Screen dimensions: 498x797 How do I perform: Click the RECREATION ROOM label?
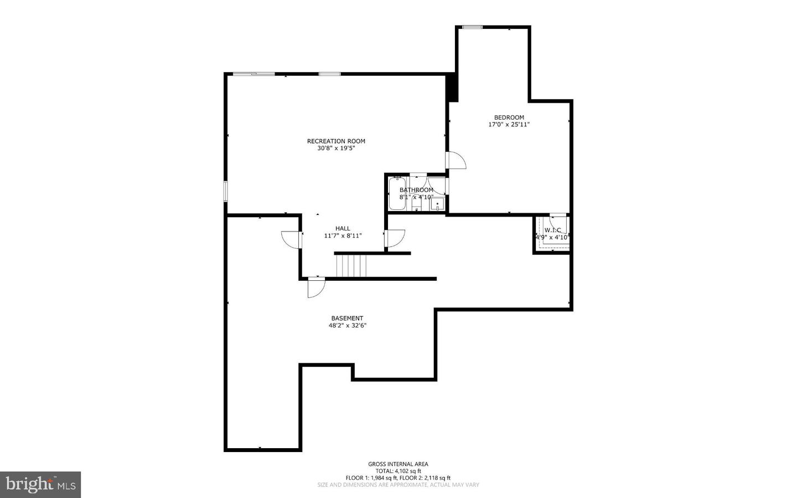pyautogui.click(x=336, y=141)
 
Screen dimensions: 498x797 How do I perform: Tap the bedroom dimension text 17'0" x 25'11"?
pyautogui.click(x=509, y=125)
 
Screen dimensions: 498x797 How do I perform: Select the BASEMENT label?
pyautogui.click(x=347, y=318)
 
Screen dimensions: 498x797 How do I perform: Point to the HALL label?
pyautogui.click(x=343, y=228)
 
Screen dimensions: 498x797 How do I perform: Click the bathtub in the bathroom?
pyautogui.click(x=397, y=194)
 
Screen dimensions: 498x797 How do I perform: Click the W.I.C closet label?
pyautogui.click(x=552, y=230)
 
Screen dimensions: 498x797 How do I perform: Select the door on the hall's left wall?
pyautogui.click(x=291, y=240)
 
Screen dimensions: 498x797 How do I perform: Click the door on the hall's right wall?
pyautogui.click(x=395, y=238)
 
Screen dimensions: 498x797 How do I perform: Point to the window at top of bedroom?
pyautogui.click(x=472, y=27)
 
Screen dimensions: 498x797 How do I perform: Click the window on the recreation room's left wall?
pyautogui.click(x=226, y=191)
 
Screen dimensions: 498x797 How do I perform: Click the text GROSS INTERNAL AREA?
pyautogui.click(x=398, y=464)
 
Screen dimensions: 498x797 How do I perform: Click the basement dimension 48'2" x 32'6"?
pyautogui.click(x=347, y=326)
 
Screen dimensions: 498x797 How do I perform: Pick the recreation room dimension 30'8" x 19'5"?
pyautogui.click(x=336, y=148)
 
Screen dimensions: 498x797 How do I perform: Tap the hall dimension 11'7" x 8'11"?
pyautogui.click(x=343, y=235)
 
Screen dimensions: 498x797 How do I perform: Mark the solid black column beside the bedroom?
pyautogui.click(x=452, y=88)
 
